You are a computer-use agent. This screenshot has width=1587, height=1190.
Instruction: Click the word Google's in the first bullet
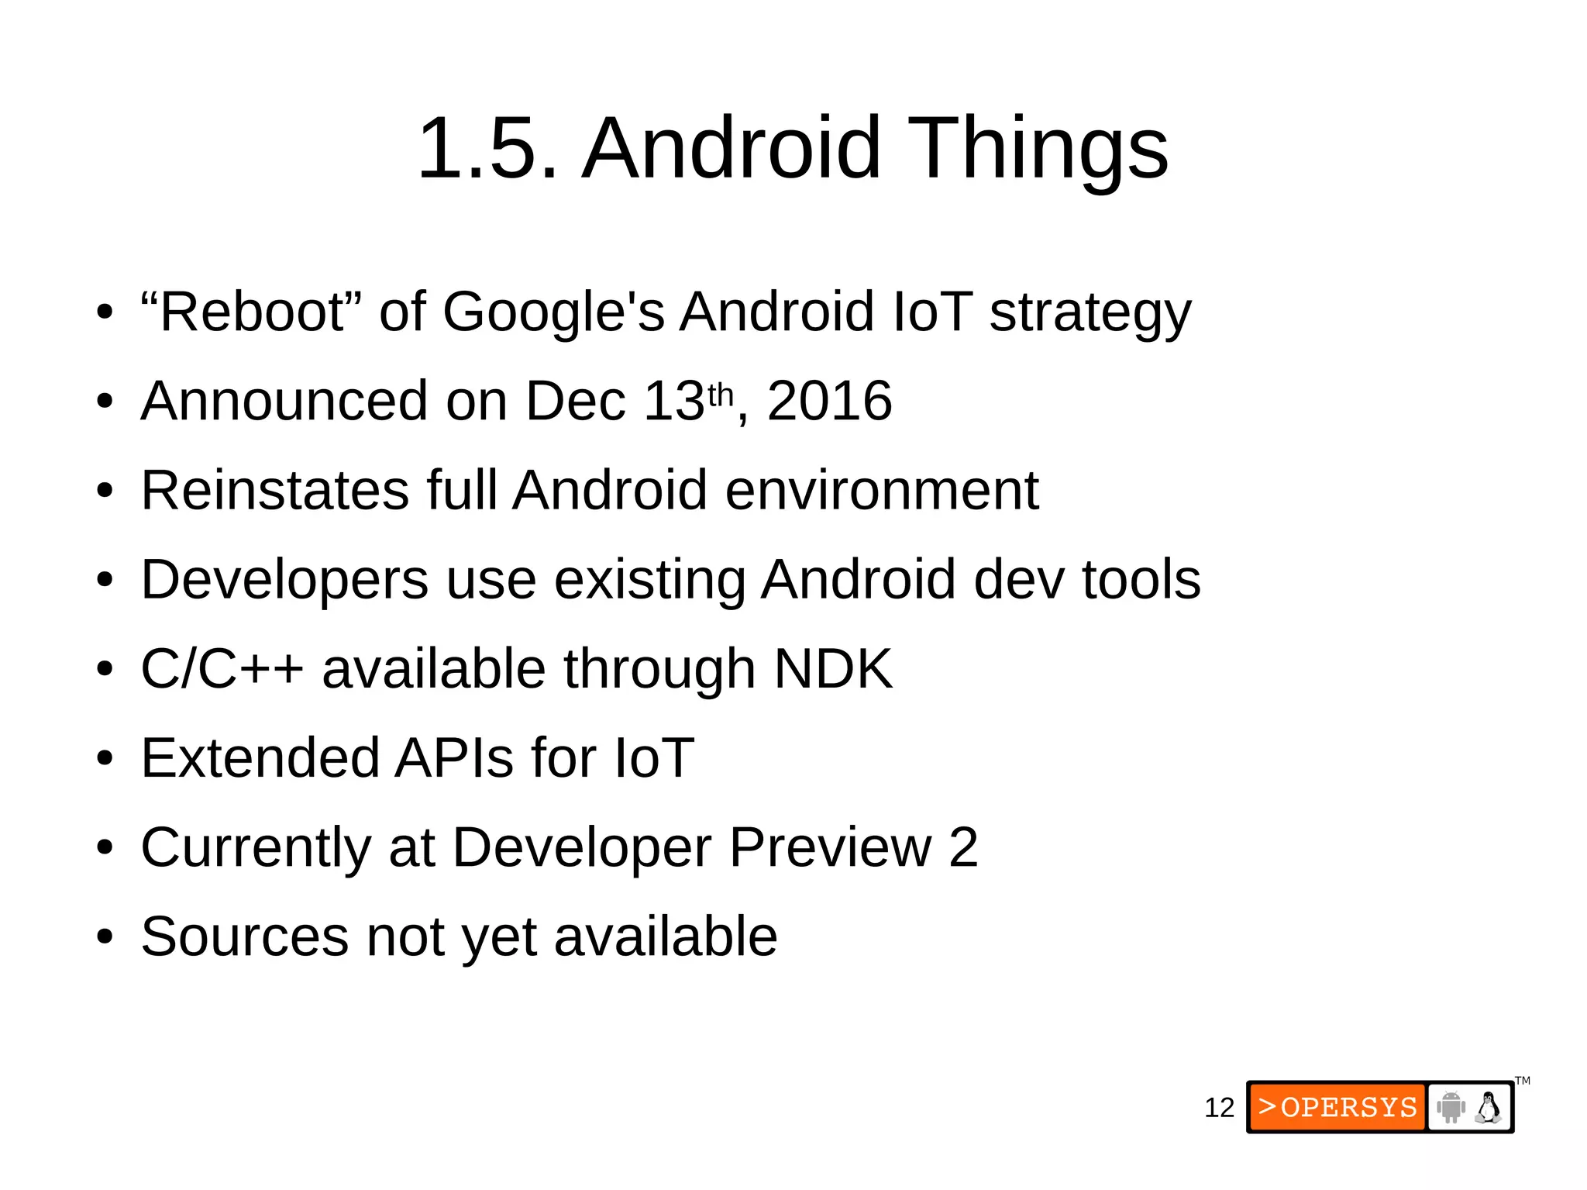[553, 312]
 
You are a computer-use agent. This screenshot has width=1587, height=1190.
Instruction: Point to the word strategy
[1090, 312]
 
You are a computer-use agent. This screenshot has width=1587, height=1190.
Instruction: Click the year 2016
[829, 401]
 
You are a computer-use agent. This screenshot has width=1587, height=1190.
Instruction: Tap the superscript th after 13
[721, 395]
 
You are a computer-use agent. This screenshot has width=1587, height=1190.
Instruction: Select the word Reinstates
[275, 490]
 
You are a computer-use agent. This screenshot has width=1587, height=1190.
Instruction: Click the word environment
[882, 490]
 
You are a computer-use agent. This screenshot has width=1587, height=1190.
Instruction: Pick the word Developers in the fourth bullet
[284, 579]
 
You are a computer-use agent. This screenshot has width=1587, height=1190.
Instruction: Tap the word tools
[1141, 579]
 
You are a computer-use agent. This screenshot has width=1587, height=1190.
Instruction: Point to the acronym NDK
[833, 668]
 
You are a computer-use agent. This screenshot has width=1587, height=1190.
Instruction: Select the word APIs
[455, 757]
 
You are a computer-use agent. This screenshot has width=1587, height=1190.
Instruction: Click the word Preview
[830, 847]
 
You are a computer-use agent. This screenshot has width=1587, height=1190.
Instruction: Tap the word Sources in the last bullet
[245, 936]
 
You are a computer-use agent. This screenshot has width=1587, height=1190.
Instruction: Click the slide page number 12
[1219, 1108]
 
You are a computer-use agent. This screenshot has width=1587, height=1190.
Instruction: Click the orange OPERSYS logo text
[1338, 1107]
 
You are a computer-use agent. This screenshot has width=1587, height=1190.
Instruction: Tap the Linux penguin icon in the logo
[1488, 1107]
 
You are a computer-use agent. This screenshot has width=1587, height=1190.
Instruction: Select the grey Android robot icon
[1450, 1107]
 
